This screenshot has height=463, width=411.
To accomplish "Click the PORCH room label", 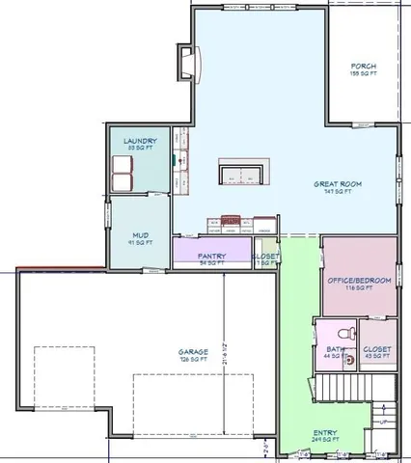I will coord(364,67).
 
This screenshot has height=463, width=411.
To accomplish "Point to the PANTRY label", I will coord(211,257).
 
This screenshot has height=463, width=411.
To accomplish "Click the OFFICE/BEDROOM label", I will coord(359,280).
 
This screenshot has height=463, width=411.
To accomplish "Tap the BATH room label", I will coord(335,351).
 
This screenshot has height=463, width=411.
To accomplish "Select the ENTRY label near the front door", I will coord(325,434).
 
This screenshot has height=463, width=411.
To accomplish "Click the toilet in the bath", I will coord(351,333).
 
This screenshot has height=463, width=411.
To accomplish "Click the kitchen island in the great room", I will coord(242,173).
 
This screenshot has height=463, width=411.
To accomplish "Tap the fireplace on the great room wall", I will coord(187,65).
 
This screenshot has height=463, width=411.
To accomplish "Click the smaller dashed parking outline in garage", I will coord(66,375).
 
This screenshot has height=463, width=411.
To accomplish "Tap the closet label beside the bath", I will coord(377,349).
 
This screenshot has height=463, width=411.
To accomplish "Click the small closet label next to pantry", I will coord(266,258).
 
